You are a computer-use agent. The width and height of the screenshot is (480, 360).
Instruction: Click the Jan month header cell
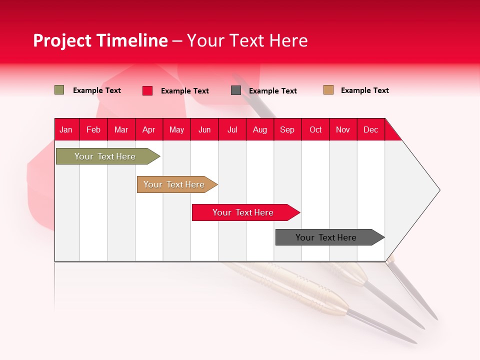pyautogui.click(x=66, y=129)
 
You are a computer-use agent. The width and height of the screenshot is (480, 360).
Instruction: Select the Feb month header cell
pyautogui.click(x=93, y=129)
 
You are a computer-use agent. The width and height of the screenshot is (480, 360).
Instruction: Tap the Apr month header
pyautogui.click(x=149, y=129)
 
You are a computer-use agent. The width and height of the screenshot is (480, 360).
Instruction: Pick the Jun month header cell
pyautogui.click(x=204, y=129)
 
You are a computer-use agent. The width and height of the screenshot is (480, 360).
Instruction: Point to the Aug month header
pyautogui.click(x=260, y=129)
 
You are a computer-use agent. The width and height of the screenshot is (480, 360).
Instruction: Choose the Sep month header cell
pyautogui.click(x=287, y=129)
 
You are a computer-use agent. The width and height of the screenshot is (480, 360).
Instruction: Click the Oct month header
pyautogui.click(x=315, y=129)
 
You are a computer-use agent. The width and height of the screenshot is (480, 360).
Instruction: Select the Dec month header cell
pyautogui.click(x=371, y=129)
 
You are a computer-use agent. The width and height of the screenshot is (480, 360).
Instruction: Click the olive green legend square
pyautogui.click(x=59, y=90)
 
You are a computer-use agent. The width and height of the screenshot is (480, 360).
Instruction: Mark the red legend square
pyautogui.click(x=147, y=90)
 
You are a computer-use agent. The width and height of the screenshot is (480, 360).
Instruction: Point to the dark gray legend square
pyautogui.click(x=236, y=90)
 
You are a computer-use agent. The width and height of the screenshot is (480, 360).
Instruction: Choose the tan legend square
pyautogui.click(x=328, y=90)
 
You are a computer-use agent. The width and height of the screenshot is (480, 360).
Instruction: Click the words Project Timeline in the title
pyautogui.click(x=100, y=40)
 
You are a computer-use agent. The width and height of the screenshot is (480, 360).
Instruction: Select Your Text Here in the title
pyautogui.click(x=247, y=40)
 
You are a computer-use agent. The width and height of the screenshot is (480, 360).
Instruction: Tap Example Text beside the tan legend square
pyautogui.click(x=364, y=90)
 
